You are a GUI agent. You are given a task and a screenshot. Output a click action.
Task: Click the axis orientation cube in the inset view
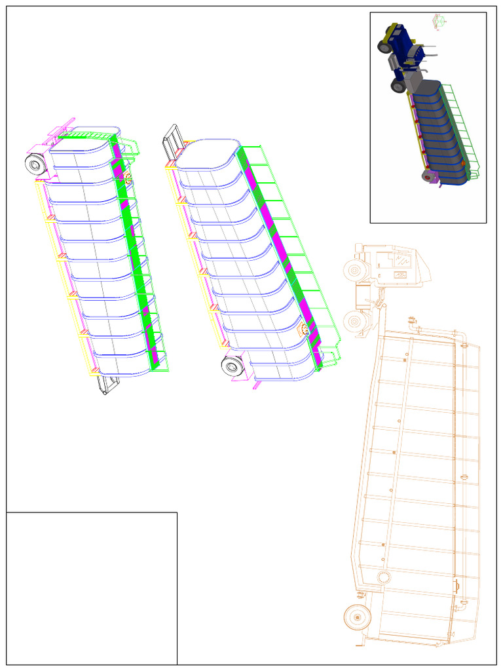(x=438, y=22)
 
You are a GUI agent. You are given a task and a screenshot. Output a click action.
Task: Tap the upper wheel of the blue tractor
(x=384, y=47)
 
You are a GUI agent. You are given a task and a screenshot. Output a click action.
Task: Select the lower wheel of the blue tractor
(x=398, y=85)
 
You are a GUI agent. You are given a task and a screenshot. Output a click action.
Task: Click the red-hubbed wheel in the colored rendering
(x=429, y=177)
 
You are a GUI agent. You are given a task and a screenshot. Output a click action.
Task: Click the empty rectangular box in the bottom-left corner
(x=92, y=588)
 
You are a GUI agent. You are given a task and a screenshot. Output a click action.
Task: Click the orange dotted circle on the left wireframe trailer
(x=128, y=177)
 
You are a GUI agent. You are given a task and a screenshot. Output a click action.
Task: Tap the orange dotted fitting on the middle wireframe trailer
(x=305, y=330)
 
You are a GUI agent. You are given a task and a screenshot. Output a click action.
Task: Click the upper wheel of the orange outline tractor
(x=354, y=269)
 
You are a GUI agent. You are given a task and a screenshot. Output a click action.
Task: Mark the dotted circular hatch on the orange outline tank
(x=384, y=577)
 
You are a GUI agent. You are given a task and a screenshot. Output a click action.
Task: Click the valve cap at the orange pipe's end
(x=412, y=320)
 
